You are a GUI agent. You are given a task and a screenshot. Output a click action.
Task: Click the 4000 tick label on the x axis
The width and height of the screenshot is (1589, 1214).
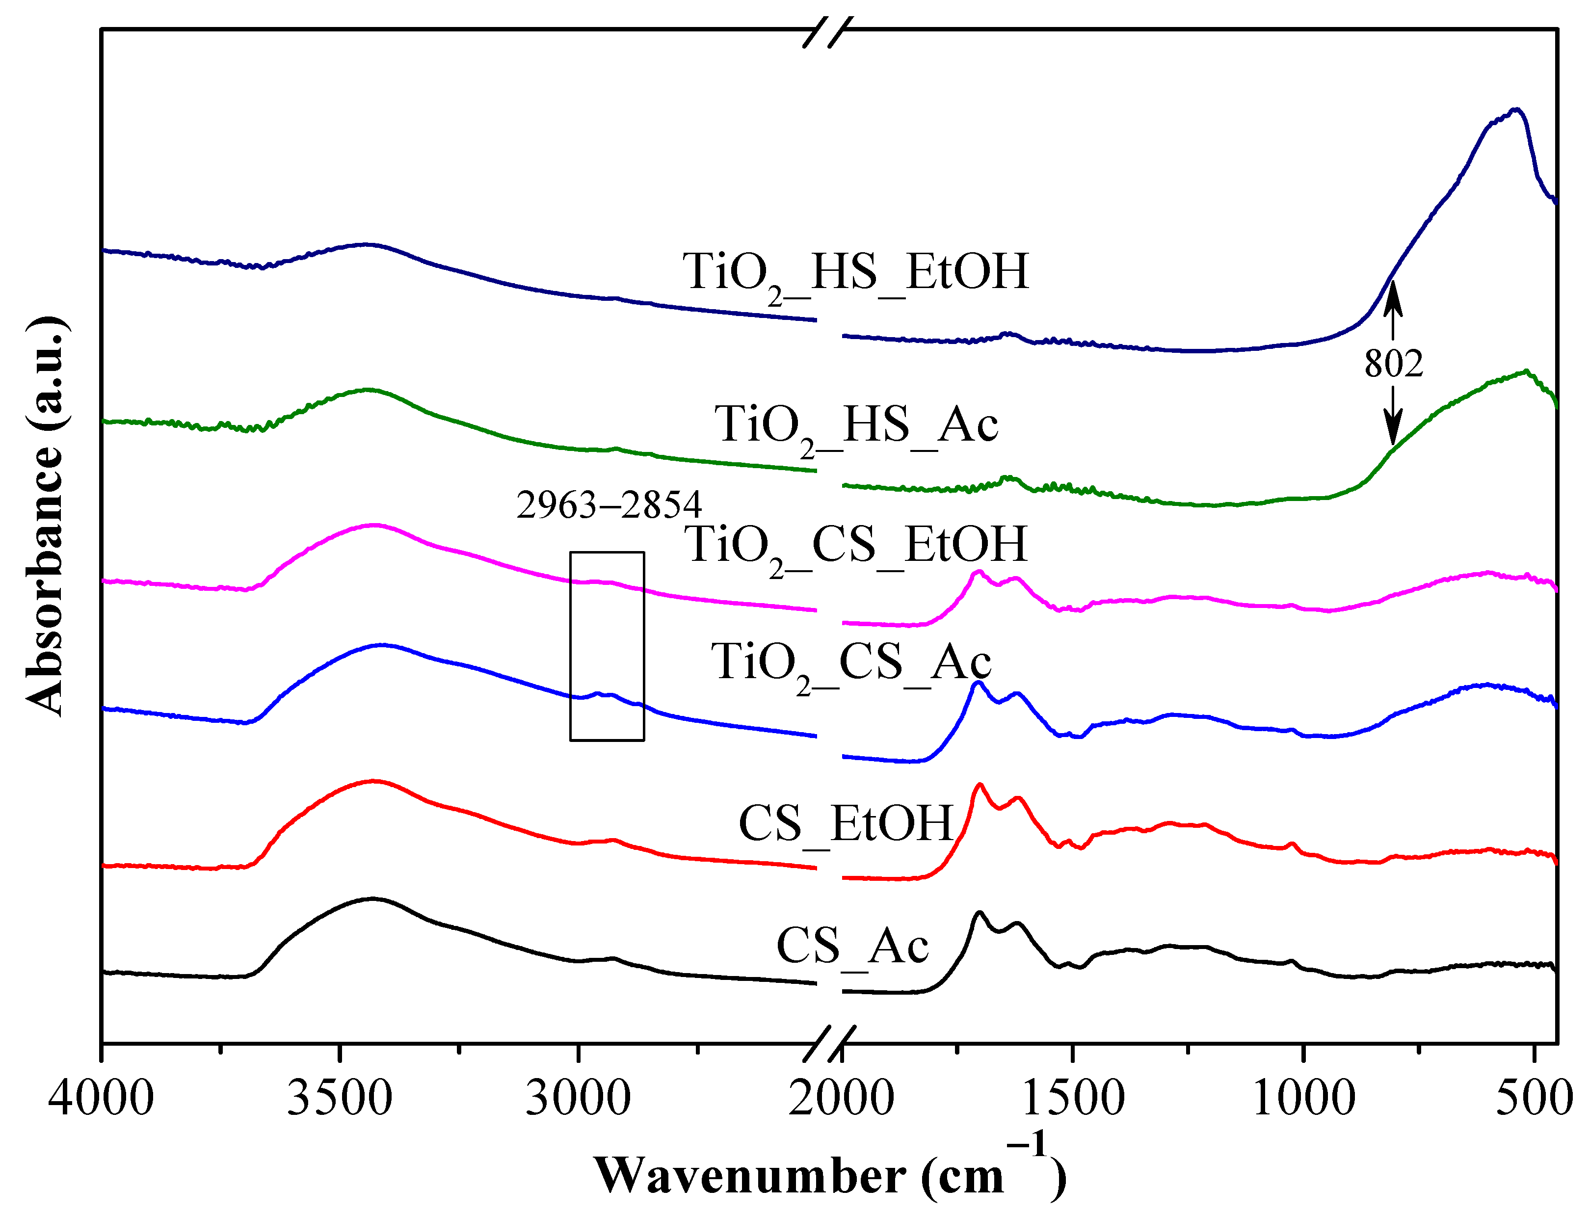(x=101, y=1099)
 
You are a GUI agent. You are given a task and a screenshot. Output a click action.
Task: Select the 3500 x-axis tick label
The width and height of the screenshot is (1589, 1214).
(x=339, y=1099)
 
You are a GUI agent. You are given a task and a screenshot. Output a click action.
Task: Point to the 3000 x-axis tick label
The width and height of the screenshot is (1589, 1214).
(x=578, y=1099)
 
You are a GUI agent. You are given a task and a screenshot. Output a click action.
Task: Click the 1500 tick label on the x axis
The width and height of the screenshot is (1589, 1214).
(x=1073, y=1099)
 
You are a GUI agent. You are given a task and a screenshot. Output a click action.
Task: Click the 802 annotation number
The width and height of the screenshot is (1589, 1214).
(x=1393, y=364)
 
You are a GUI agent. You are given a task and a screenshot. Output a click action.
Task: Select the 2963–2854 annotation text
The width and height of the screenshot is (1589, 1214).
(x=609, y=504)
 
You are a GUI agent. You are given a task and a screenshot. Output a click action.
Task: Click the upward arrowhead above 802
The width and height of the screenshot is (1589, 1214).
(x=1393, y=298)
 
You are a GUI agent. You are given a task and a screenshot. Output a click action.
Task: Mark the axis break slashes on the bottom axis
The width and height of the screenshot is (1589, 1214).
(x=829, y=1043)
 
